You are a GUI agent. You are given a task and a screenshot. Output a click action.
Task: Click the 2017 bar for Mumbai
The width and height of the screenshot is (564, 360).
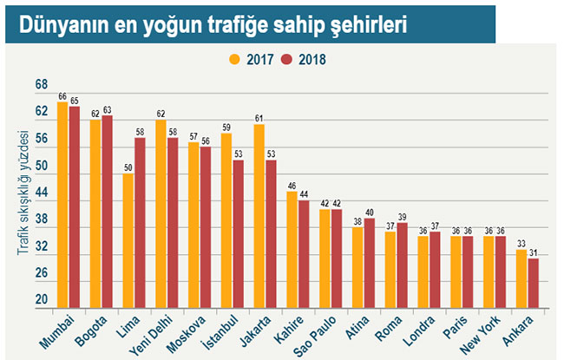pos(62,205)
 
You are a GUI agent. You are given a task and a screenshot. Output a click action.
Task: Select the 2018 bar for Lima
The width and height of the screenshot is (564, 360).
pos(140,223)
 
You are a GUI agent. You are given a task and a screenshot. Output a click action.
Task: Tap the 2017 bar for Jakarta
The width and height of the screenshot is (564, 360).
pos(259,216)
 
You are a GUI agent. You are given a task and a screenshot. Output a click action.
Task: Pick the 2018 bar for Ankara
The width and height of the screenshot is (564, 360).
pos(533,283)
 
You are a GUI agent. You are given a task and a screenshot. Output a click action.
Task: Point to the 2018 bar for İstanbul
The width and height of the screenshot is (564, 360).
pos(238,233)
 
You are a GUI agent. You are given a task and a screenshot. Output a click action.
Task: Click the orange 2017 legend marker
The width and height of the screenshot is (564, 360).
pos(233,61)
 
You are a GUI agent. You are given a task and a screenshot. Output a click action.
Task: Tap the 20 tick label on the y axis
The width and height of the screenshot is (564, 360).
pos(41,299)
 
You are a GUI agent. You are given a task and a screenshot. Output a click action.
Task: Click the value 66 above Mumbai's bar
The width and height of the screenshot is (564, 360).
pos(62,96)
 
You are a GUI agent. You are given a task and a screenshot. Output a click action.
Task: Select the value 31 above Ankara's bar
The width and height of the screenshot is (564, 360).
pos(534,252)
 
